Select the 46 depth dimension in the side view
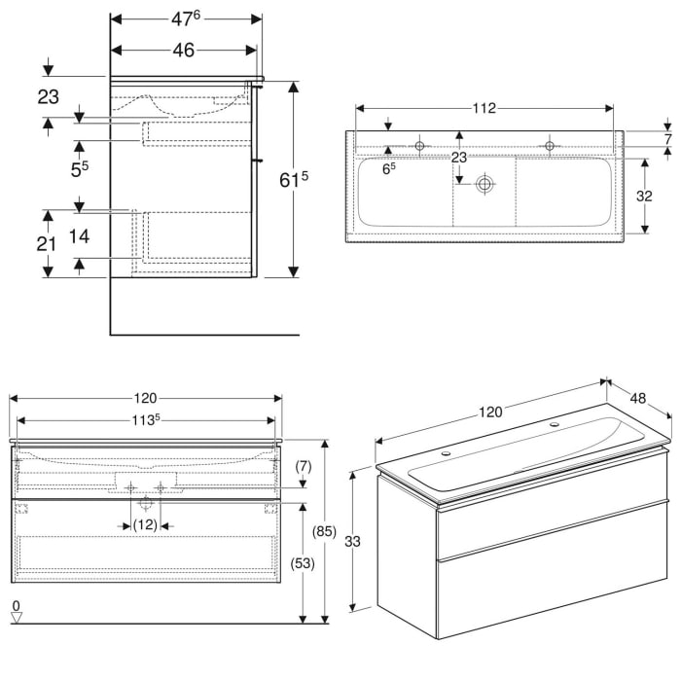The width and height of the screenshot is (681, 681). (184, 51)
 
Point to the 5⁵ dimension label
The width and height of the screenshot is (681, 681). (80, 168)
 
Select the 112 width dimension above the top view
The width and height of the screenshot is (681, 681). (484, 108)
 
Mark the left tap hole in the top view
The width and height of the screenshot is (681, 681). (420, 146)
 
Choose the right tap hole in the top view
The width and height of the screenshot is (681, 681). (549, 146)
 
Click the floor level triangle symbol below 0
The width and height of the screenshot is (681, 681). (16, 619)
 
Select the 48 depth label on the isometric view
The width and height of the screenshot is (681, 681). (639, 398)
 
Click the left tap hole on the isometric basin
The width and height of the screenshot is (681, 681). (446, 452)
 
